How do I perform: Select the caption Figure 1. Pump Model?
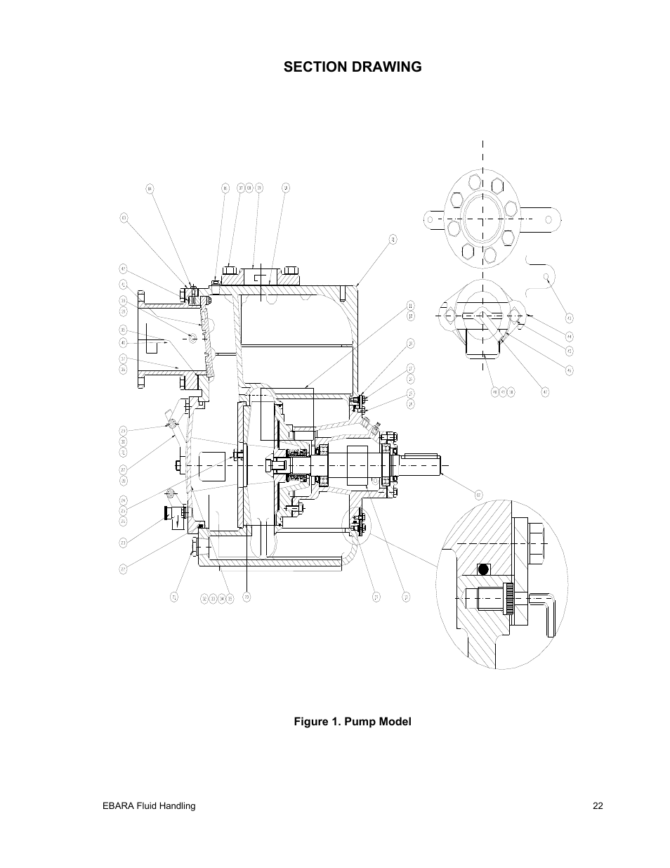coord(352,722)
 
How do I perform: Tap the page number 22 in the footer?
coord(597,806)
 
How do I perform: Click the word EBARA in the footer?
coord(117,806)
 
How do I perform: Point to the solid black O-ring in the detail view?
coord(482,569)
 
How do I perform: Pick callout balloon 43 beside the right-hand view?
coord(570,318)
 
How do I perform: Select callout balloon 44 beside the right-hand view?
coord(570,337)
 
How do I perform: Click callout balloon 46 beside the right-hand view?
coord(570,370)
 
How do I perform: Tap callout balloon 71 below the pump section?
coord(174,597)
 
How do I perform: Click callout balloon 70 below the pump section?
coord(247,597)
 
